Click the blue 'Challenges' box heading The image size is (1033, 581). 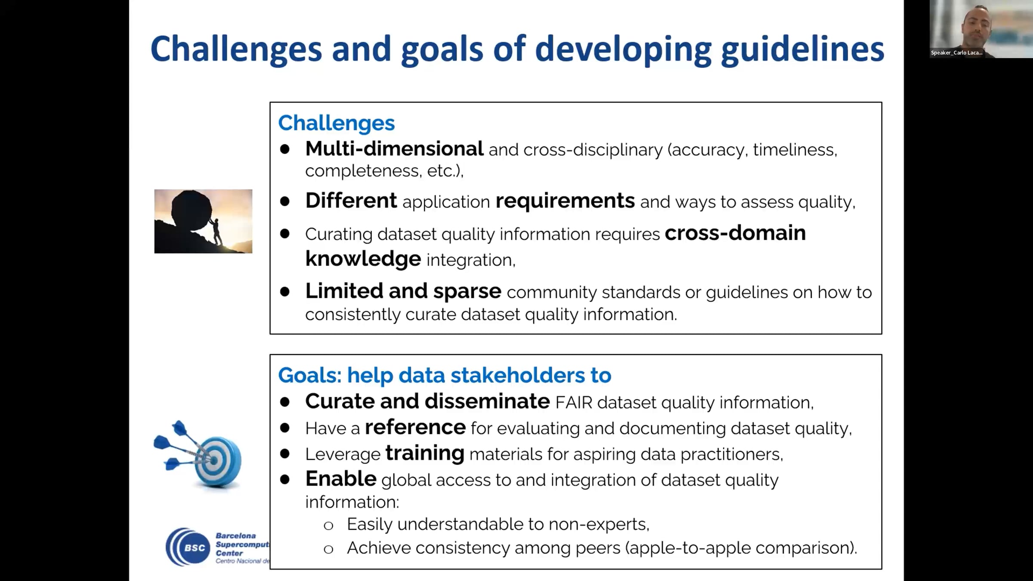tap(336, 123)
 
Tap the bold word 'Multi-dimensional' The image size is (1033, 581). tap(394, 149)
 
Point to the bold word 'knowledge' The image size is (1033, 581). tap(363, 259)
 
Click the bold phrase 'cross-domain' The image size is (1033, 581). tap(735, 233)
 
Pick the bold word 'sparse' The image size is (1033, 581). tap(467, 292)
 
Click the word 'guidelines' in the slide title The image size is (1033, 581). tap(802, 50)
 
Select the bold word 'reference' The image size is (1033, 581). tap(415, 427)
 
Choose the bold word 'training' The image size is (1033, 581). tap(425, 454)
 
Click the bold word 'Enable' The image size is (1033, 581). tap(341, 479)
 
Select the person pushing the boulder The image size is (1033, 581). tap(216, 231)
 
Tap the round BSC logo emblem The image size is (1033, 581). tap(187, 547)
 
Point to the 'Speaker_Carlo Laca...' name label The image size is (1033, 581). tap(957, 53)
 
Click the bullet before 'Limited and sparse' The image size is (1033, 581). tap(285, 292)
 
